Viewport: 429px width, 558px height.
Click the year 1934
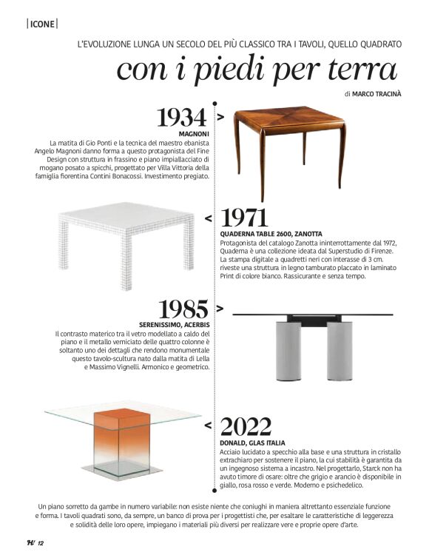[x=182, y=118]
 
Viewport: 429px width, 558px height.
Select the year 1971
[x=244, y=218]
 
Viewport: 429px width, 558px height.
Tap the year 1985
[x=184, y=309]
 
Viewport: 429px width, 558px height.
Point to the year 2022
[x=246, y=427]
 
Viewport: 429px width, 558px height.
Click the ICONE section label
[x=42, y=24]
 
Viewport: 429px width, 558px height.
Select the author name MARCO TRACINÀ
[x=377, y=94]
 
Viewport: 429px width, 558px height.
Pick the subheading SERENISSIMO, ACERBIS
[x=175, y=325]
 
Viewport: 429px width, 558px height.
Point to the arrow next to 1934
[x=220, y=117]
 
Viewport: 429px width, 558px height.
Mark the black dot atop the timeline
[x=214, y=104]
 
